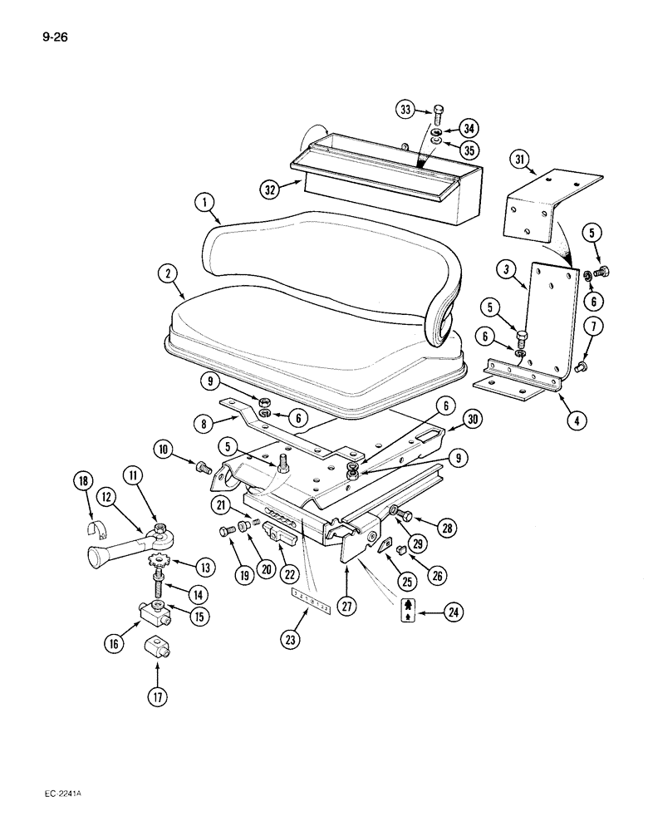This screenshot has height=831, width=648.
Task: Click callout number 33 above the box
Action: tap(405, 109)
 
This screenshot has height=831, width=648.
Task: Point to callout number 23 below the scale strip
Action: tap(290, 639)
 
